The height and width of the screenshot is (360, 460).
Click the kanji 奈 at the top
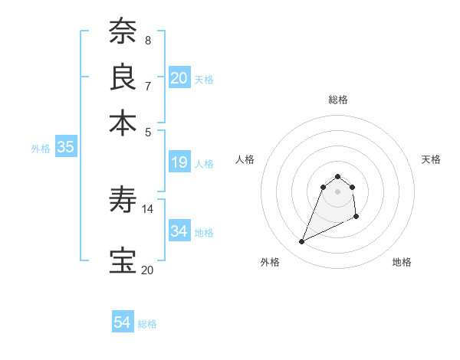point(123,32)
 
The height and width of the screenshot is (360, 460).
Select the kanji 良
point(123,77)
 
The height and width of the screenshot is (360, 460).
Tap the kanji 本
point(123,122)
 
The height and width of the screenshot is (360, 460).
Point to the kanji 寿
point(123,201)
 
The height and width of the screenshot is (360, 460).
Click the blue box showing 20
point(179,77)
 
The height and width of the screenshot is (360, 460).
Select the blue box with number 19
point(179,162)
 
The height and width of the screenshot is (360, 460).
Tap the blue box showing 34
point(179,231)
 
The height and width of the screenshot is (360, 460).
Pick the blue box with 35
point(65,148)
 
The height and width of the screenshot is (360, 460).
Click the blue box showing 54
point(123,322)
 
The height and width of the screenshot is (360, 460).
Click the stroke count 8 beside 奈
point(148,40)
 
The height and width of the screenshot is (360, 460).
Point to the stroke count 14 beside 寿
point(148,208)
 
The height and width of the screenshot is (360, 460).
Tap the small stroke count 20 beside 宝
point(147,270)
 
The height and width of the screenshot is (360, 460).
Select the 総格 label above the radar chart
point(338,100)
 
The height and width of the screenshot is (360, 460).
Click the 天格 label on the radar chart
point(431,159)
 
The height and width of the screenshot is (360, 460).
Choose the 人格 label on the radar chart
point(245,159)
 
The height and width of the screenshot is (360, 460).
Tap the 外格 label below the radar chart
point(270,262)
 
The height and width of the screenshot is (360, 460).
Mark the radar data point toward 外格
point(301,242)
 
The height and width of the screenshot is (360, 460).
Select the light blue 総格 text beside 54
point(147,324)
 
